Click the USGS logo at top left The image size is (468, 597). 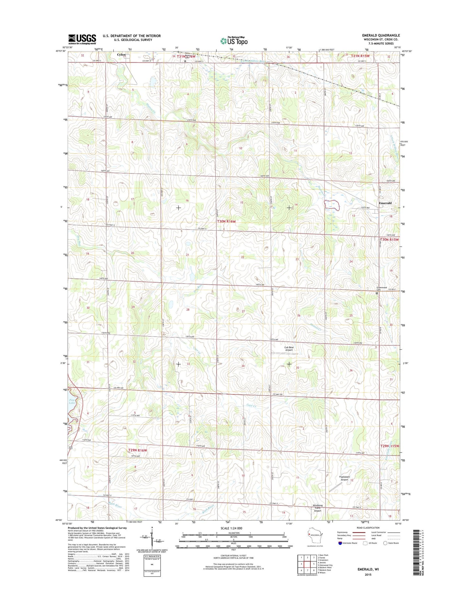pos(82,39)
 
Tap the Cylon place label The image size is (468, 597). pos(121,55)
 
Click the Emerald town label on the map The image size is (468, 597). pos(385,203)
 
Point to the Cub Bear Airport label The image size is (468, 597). pos(289,349)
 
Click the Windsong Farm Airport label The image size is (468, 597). pos(317,508)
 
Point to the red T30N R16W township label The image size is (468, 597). pos(226,221)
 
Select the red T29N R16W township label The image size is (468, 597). pos(138,451)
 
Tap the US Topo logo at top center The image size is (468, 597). pos(234,41)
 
